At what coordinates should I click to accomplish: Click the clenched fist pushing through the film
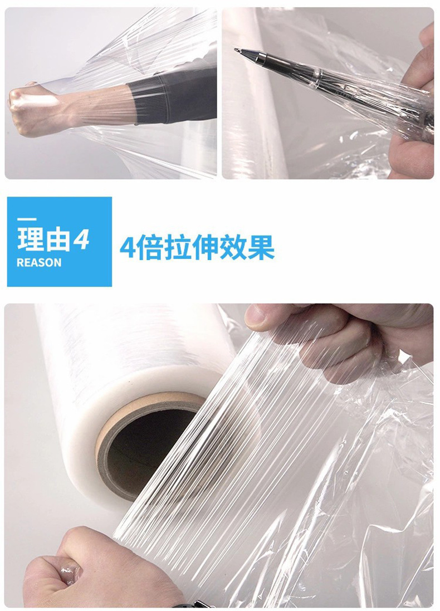(31, 108)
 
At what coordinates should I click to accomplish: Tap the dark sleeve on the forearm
(173, 97)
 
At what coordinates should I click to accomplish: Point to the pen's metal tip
(238, 51)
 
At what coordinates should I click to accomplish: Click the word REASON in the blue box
(38, 263)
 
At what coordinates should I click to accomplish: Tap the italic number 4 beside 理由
(81, 239)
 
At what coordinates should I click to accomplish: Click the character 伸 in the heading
(204, 247)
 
